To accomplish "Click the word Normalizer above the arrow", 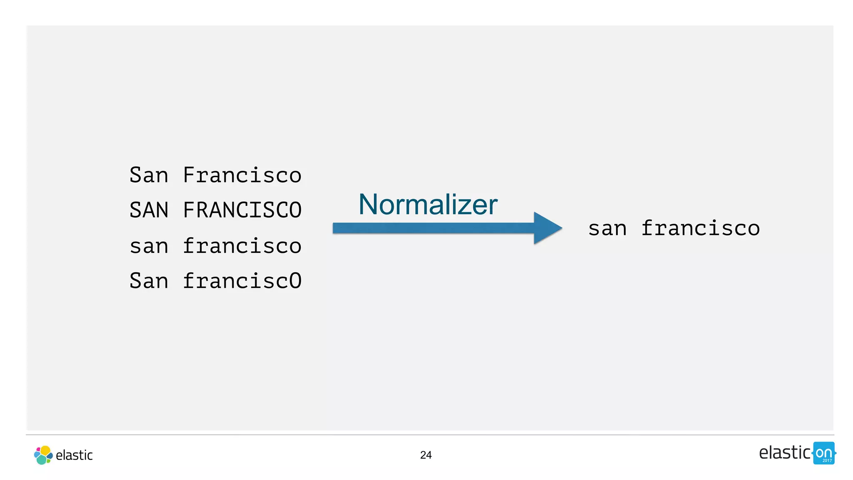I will [428, 205].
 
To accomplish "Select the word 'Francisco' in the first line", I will [242, 175].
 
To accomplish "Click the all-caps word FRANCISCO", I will [242, 210].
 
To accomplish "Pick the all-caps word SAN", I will [149, 210].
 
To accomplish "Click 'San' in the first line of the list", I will [149, 175].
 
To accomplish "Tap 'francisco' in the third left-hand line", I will [242, 246].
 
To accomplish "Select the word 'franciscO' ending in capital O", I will [242, 281].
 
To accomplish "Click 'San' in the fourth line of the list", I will [149, 281].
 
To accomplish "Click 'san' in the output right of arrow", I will [607, 229].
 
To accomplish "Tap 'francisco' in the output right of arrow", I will [701, 228].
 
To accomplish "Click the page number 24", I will [426, 455].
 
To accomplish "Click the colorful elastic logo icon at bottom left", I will [43, 455].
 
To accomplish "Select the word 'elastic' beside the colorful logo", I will [74, 455].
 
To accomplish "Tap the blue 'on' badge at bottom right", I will [823, 453].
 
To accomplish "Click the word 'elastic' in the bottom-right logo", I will [784, 453].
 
